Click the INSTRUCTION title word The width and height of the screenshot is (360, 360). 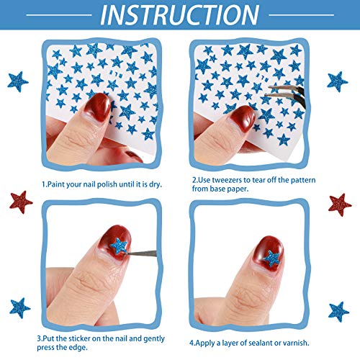tap(180, 15)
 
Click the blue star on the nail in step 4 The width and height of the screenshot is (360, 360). tap(272, 258)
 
